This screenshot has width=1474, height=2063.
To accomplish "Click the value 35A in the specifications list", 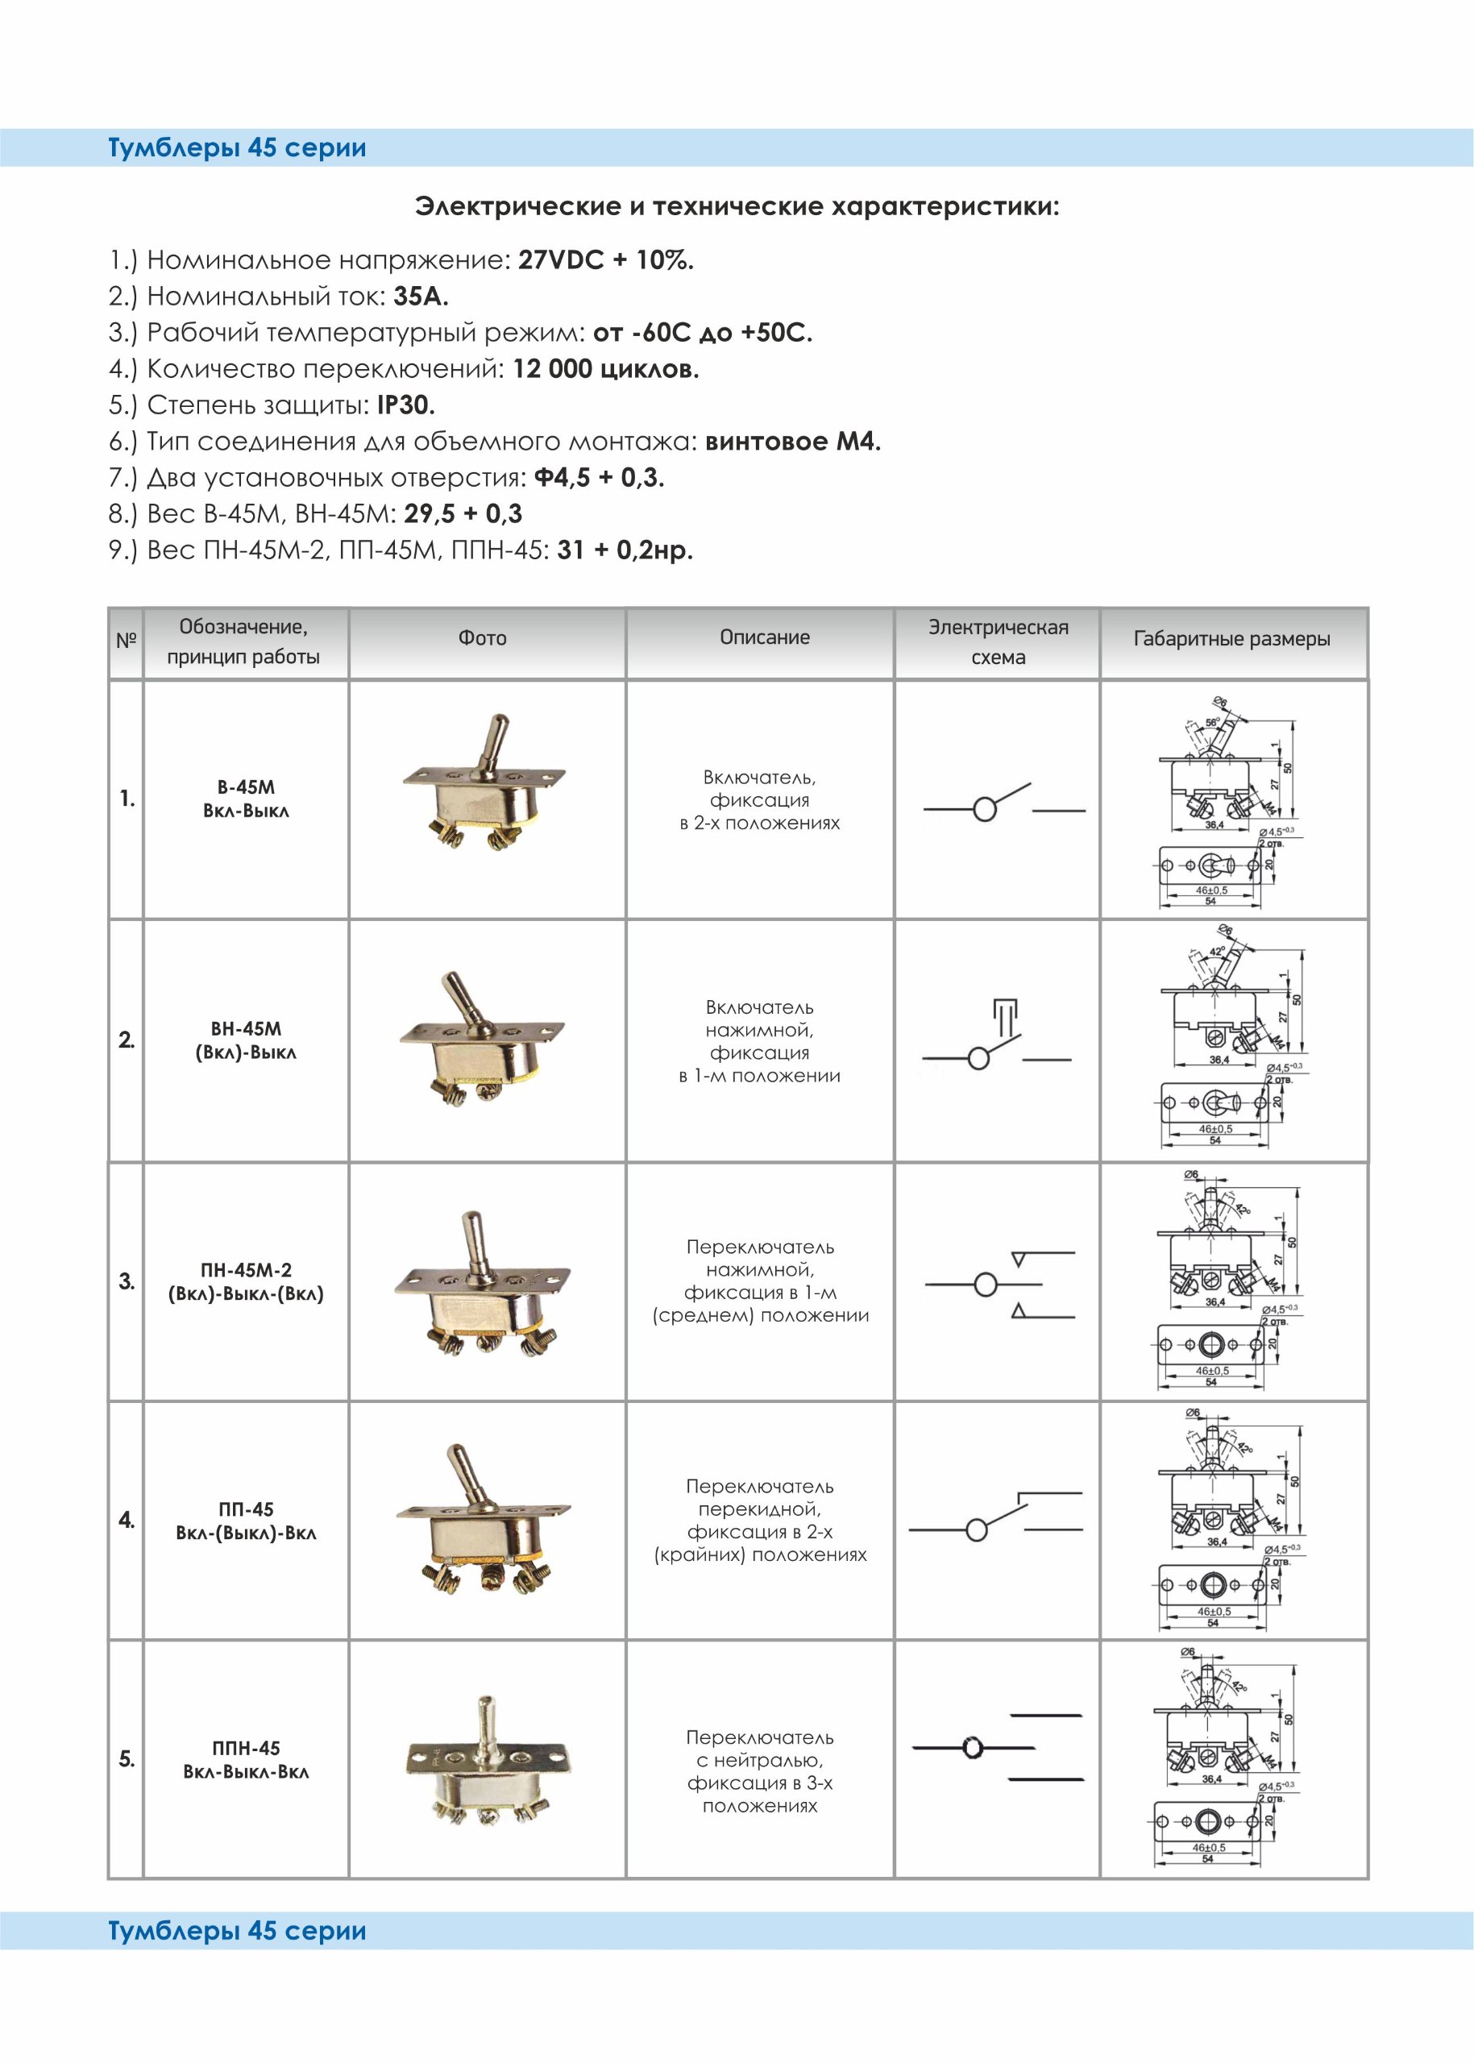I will tap(420, 297).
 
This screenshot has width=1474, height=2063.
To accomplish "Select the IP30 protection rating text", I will tap(405, 405).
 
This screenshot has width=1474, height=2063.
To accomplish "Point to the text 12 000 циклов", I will tap(605, 369).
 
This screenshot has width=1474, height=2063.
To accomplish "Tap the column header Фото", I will tap(482, 638).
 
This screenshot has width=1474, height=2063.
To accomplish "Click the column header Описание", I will tap(764, 637).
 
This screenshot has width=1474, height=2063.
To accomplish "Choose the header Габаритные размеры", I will tap(1231, 639).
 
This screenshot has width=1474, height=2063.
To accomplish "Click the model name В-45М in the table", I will tap(246, 787).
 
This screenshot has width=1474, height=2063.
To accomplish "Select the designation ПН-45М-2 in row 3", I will tap(246, 1270).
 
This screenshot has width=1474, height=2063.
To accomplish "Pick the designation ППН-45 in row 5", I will tap(246, 1748).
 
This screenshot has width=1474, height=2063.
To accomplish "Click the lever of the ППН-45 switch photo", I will tap(487, 1718).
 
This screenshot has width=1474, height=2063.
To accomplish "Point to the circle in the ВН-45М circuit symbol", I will tap(978, 1058).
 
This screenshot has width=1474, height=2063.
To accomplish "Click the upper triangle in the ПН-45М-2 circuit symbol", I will tap(1019, 1259).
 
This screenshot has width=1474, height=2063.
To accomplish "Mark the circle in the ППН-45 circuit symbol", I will tap(972, 1748).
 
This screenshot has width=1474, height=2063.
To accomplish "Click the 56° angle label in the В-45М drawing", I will tap(1210, 724).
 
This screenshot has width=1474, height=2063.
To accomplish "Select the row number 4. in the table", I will tap(127, 1519).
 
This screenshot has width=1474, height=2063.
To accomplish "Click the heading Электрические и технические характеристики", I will tap(737, 207).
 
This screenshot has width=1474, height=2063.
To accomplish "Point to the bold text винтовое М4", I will tap(792, 442).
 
